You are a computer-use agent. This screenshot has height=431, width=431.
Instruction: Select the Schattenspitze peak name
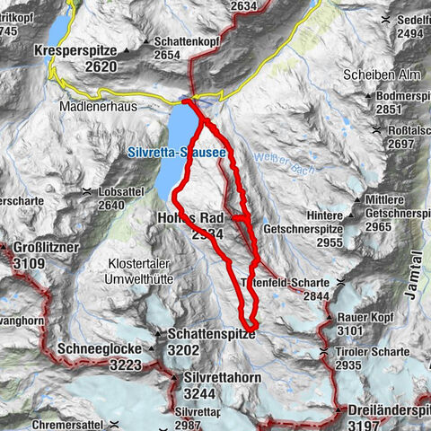click(x=211, y=334)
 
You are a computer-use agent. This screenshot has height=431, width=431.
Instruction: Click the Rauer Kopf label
click(x=367, y=317)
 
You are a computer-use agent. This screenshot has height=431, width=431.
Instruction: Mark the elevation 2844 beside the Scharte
click(x=316, y=295)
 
